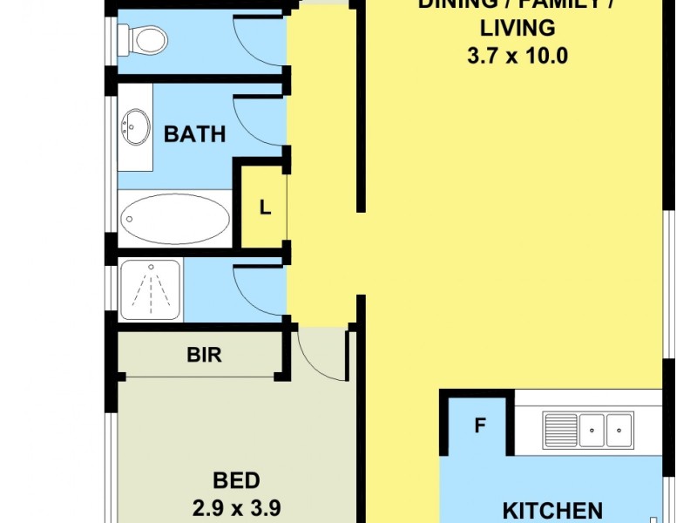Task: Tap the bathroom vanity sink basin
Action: click(x=135, y=126)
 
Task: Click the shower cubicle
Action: click(x=150, y=290)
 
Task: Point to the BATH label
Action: click(x=194, y=134)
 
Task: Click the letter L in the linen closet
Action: click(x=265, y=208)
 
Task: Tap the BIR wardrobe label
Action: click(x=204, y=356)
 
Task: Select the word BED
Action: click(x=236, y=480)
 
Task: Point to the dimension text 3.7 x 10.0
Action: click(x=518, y=56)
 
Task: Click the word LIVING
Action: click(x=518, y=28)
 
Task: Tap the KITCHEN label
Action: click(x=552, y=510)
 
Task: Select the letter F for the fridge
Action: click(x=479, y=427)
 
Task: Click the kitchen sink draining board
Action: click(x=560, y=429)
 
